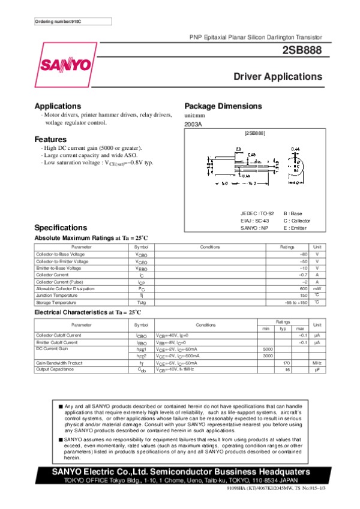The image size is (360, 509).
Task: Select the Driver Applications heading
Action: tap(277, 77)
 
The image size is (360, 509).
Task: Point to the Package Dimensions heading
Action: tap(223, 106)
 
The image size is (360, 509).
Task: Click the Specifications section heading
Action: tap(61, 228)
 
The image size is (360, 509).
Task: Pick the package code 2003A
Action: tap(193, 124)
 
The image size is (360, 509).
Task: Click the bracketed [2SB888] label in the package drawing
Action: tap(255, 132)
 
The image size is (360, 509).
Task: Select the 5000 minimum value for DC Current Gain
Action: tap(268, 348)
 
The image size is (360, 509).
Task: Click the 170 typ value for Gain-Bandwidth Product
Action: tap(286, 363)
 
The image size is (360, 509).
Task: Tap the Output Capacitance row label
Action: tap(55, 369)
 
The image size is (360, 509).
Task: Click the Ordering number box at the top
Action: tap(73, 22)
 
